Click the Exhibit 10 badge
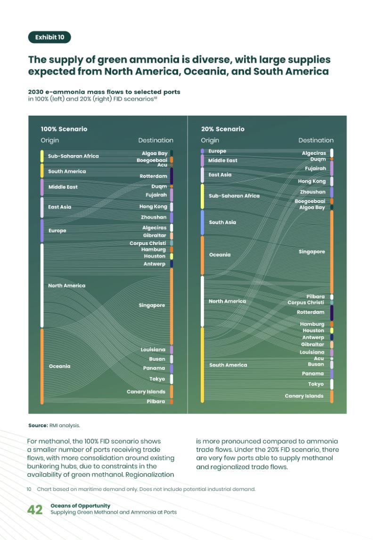coord(49,37)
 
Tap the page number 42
coord(35,509)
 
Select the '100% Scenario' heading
coord(64,129)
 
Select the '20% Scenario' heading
coord(222,129)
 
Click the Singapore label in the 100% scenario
coord(152,305)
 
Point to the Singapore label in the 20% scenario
coord(311,252)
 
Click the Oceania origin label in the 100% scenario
coord(59,366)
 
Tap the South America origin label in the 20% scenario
coord(228,365)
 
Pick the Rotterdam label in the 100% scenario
coord(153,176)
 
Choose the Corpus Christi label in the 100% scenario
coord(148,243)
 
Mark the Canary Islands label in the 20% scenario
coord(304,396)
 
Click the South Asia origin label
coord(222,222)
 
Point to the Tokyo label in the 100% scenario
coord(157,379)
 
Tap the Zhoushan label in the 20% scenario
coord(312,192)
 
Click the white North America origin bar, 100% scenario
coord(42,285)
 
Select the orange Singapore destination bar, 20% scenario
coord(332,252)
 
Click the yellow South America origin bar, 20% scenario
coord(202,364)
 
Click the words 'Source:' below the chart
coord(38,425)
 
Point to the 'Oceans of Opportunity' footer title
coord(80,506)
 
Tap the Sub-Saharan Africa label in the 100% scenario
coord(74,156)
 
